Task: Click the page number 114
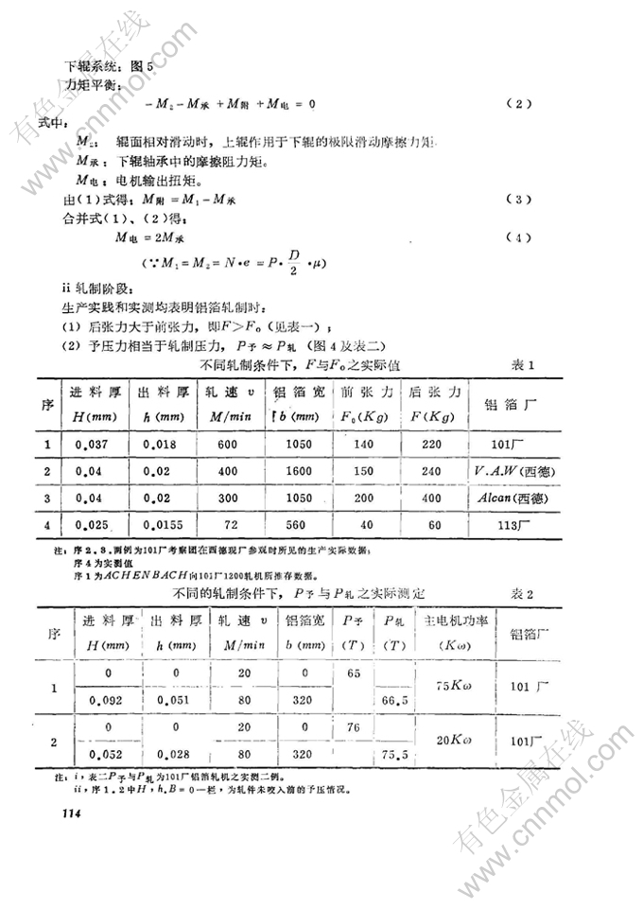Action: pyautogui.click(x=72, y=813)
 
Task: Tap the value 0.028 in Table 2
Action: pyautogui.click(x=173, y=755)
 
